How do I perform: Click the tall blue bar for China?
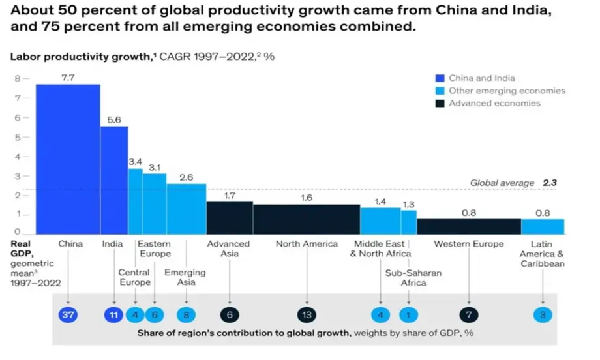68,159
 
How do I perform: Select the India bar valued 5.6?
114,180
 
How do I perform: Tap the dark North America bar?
307,219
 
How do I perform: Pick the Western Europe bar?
469,226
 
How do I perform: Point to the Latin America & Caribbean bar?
543,226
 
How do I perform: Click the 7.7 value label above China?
68,78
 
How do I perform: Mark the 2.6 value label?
187,177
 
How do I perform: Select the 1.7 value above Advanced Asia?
230,194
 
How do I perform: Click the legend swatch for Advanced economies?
442,103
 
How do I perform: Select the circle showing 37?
68,315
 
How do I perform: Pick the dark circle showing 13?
307,315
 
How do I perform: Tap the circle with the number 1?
409,315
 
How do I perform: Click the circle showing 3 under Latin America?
543,315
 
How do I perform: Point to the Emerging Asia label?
185,277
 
